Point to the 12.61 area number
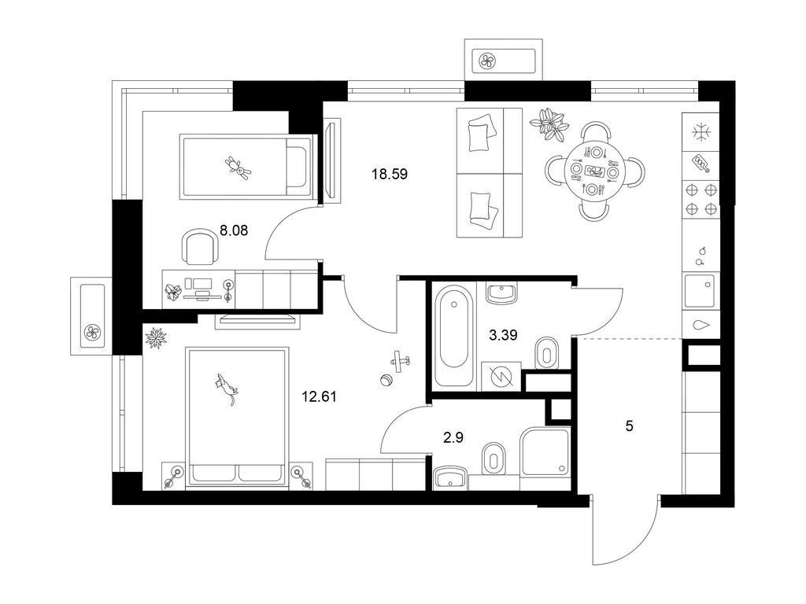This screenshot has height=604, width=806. [x=319, y=396]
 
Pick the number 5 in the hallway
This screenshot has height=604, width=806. [x=629, y=426]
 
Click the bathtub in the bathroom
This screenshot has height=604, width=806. [x=455, y=338]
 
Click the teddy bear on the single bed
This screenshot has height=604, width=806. [x=235, y=167]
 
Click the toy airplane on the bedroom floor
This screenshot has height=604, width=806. [x=401, y=361]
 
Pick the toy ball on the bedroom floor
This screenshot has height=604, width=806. [x=386, y=381]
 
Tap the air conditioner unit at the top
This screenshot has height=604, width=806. [x=504, y=60]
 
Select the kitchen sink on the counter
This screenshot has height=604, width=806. [x=701, y=292]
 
